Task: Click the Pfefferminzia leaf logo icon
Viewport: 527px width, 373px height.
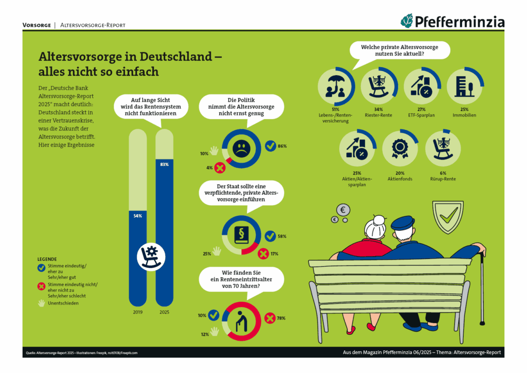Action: (x=408, y=21)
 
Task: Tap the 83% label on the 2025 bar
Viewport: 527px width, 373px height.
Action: (x=164, y=164)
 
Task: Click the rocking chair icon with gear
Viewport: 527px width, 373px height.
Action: (x=151, y=256)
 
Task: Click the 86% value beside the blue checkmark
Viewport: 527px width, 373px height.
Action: (x=282, y=146)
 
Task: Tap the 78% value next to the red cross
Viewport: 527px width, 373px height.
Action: (x=282, y=318)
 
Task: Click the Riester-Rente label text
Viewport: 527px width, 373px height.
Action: (x=378, y=115)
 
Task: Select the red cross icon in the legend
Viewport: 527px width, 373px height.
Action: (x=41, y=286)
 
